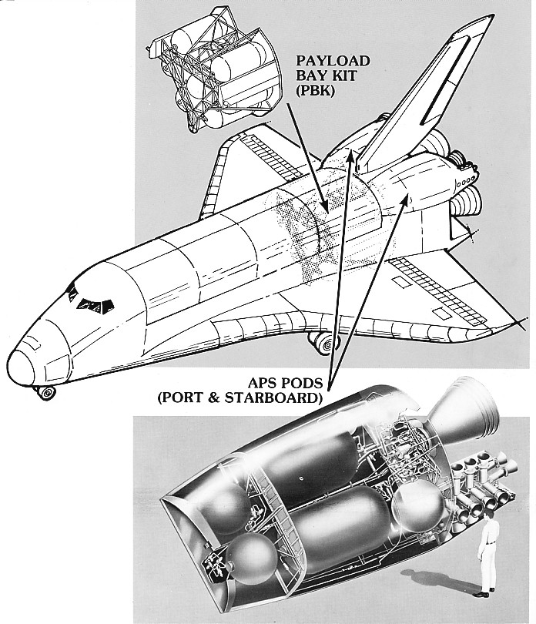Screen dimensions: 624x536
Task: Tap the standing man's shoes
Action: [x=482, y=592]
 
